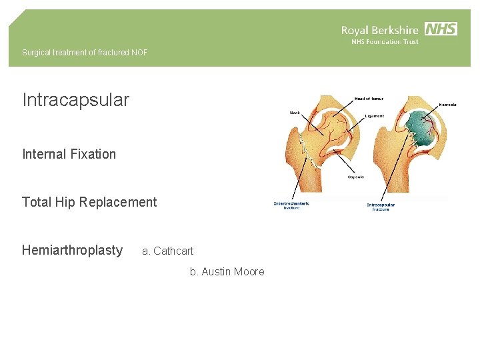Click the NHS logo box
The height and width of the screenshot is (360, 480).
click(x=441, y=29)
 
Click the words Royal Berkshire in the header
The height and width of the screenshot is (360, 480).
click(x=379, y=30)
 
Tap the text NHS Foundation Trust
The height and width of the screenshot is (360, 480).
click(x=385, y=42)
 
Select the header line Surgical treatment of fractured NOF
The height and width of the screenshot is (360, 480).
click(x=85, y=53)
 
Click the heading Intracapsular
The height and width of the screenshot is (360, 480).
click(x=75, y=101)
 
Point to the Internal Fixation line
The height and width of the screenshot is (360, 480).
click(x=69, y=154)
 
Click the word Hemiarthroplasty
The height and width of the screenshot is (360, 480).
click(x=72, y=250)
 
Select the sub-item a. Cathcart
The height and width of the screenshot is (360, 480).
click(x=167, y=251)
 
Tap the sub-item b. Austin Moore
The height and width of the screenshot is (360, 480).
click(x=227, y=271)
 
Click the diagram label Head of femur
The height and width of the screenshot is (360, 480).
click(x=369, y=99)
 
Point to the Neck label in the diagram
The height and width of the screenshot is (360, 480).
click(x=295, y=113)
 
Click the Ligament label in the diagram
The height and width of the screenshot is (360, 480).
click(x=374, y=116)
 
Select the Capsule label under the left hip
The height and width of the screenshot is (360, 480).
click(x=356, y=177)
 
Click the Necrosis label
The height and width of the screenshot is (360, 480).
click(x=447, y=105)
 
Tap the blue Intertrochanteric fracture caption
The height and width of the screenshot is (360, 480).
click(x=291, y=205)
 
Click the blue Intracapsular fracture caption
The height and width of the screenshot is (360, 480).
click(x=381, y=207)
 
